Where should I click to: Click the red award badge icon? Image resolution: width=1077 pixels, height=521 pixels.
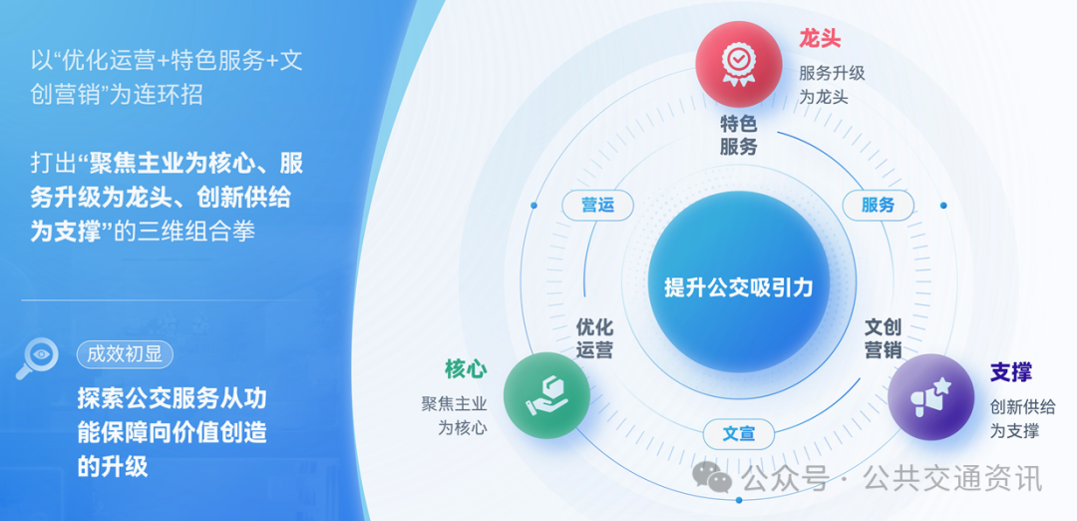click(738, 64)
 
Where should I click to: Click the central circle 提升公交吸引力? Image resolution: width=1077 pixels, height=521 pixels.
click(739, 287)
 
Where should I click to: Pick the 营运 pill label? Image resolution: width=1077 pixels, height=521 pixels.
click(598, 206)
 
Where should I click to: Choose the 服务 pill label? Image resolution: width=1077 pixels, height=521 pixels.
click(878, 206)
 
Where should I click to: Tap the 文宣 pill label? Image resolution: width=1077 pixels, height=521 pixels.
click(739, 433)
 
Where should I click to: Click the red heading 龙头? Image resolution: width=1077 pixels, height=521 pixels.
click(820, 40)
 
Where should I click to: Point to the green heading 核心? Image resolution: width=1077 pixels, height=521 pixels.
click(466, 369)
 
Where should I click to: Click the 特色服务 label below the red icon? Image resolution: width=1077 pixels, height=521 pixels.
click(739, 136)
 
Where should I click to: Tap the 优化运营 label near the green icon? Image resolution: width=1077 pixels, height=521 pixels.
click(594, 338)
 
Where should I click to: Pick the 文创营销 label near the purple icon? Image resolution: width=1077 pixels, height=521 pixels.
click(883, 338)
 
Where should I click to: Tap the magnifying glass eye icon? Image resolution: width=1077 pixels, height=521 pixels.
click(38, 359)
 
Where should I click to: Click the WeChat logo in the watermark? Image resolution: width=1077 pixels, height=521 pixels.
click(713, 478)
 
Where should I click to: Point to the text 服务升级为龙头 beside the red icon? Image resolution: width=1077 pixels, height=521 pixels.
click(832, 85)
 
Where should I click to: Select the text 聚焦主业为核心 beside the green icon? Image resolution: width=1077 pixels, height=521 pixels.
click(454, 416)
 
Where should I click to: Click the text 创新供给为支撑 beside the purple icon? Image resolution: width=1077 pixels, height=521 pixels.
click(1021, 419)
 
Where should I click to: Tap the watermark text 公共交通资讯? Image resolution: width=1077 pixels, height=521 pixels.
click(952, 479)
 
